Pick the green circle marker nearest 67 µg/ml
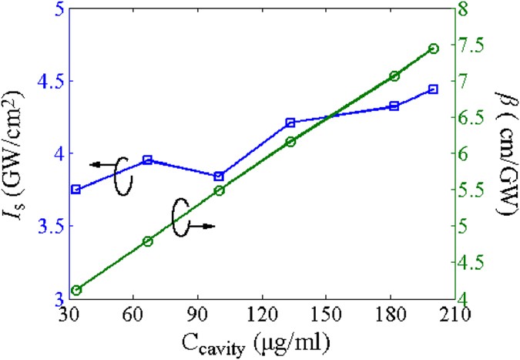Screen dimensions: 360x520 [x=148, y=241]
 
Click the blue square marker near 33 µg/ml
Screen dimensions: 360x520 [x=75, y=190]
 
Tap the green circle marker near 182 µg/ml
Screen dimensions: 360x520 [x=394, y=76]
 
